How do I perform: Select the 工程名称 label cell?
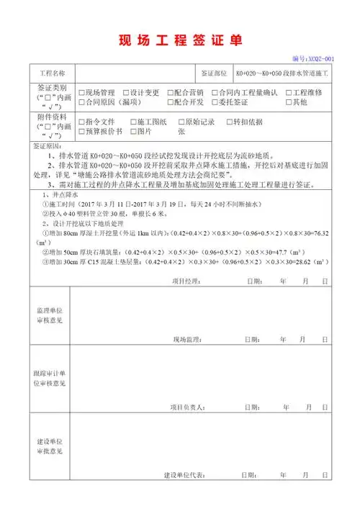[x=50, y=73]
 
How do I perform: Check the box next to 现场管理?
[x=81, y=93]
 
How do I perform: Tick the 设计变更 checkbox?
[x=125, y=93]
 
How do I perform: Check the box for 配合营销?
[x=171, y=93]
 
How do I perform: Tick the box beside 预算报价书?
[x=81, y=132]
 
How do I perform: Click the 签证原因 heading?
[x=48, y=145]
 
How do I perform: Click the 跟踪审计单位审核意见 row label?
[x=50, y=379]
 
